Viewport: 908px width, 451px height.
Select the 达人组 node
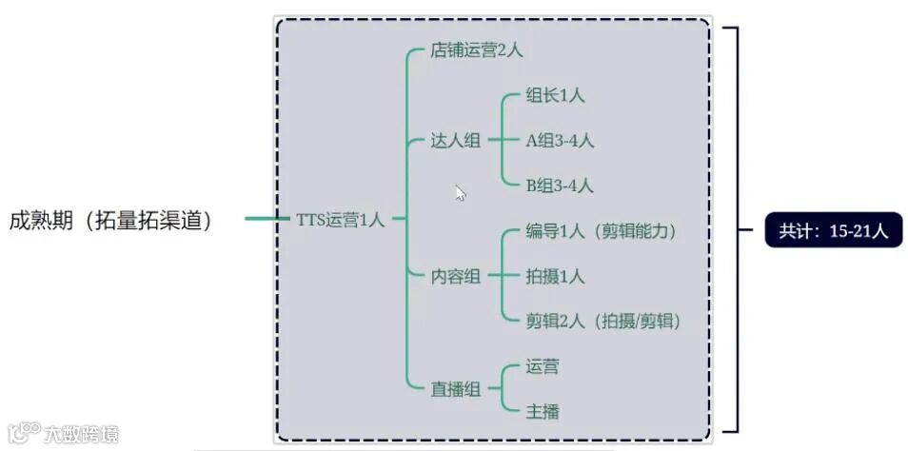(x=456, y=141)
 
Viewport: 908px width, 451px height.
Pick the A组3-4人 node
(x=561, y=141)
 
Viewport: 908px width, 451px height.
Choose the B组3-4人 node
(x=561, y=186)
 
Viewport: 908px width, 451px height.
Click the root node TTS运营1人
(x=341, y=220)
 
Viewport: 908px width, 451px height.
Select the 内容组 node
(x=456, y=276)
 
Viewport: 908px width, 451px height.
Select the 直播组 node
(x=456, y=388)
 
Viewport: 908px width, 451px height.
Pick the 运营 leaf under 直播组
(x=543, y=366)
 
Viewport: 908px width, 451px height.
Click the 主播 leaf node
(x=543, y=411)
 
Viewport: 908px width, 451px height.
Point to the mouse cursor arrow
(x=460, y=192)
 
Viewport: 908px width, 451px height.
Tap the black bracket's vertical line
(x=736, y=228)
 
